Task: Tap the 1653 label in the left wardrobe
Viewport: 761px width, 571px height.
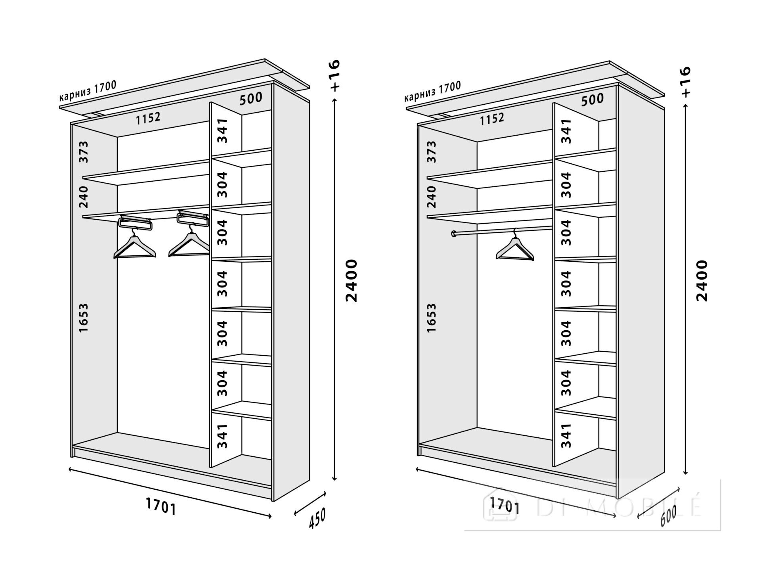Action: (83, 318)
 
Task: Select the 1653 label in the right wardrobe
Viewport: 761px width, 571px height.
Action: (431, 318)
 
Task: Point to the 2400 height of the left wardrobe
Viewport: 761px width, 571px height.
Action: (351, 281)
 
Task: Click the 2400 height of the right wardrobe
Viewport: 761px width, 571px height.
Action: (702, 281)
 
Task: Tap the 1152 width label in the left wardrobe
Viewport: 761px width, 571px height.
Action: (148, 118)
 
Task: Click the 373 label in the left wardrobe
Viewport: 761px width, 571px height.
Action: (83, 152)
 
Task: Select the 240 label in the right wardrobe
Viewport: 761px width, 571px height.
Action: (431, 197)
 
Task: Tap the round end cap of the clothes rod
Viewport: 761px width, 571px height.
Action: (453, 234)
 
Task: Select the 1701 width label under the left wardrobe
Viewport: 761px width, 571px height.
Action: (161, 506)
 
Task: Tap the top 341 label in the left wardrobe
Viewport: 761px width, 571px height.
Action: (223, 130)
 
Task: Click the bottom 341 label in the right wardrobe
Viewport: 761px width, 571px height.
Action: (566, 435)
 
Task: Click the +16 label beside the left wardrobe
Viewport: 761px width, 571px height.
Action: (335, 75)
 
